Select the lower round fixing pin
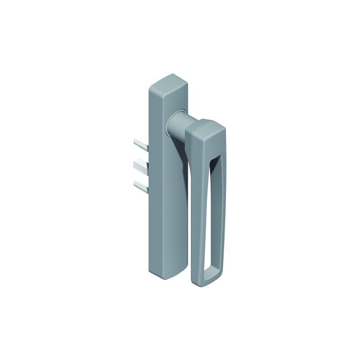click(x=141, y=184)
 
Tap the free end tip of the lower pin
click(x=135, y=183)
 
